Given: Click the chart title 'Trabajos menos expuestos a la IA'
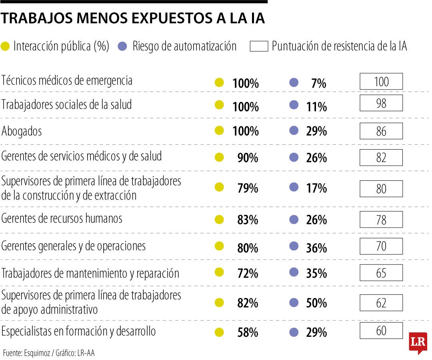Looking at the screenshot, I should pos(133,19).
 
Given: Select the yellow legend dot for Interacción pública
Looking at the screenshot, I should pos(6,46).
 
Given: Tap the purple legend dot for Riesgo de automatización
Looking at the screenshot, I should pos(123,46).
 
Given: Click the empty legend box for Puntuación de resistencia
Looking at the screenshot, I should pos(259,46).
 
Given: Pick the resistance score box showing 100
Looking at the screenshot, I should pos(381,82).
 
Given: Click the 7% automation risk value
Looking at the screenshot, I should pos(318,84).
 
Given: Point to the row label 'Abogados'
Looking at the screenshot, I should pos(22,131).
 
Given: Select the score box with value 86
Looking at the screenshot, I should pos(381,131).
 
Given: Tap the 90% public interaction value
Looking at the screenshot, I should pos(248,158).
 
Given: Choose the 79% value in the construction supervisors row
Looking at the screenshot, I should pos(248,188).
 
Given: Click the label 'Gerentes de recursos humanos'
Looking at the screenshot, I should pos(62,218).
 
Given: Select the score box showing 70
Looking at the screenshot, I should pos(381,246).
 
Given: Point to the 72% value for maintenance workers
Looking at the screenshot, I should pos(248,274).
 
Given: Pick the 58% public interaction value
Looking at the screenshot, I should pos(248,332).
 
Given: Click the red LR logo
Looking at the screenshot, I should pos(418,342).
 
